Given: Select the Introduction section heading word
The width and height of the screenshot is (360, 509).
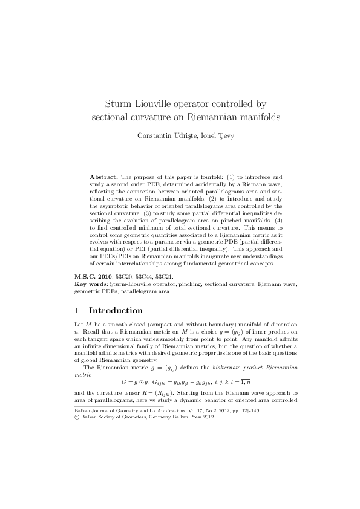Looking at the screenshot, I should pyautogui.click(x=116, y=311).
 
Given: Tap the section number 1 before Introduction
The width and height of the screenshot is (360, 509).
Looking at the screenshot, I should pyautogui.click(x=76, y=311).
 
